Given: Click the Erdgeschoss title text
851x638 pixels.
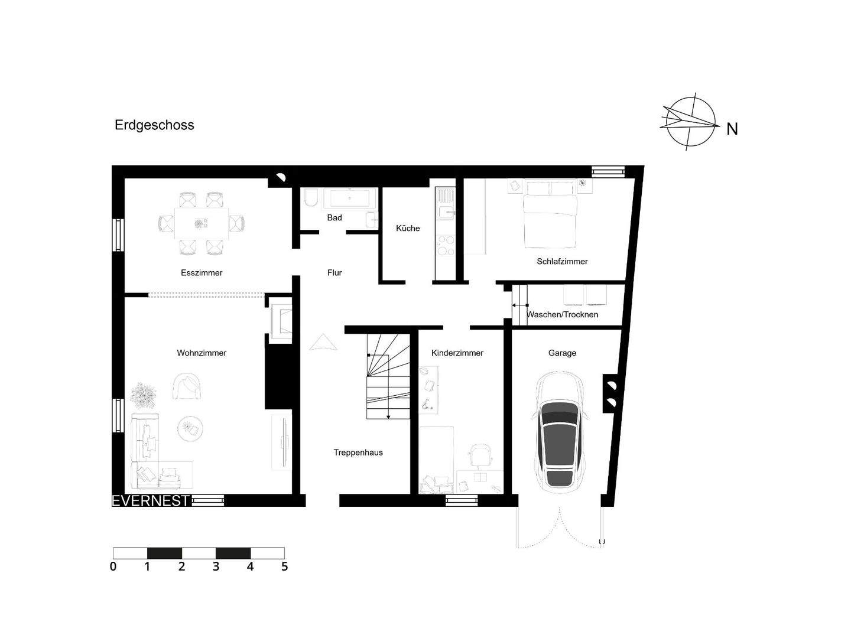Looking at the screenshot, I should (x=154, y=125).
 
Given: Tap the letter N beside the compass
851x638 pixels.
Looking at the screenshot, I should (x=732, y=129).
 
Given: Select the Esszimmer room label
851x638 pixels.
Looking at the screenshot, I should (x=202, y=273).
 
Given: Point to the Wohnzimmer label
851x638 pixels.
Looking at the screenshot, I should (x=202, y=353).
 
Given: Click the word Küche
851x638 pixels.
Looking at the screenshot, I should (x=408, y=229).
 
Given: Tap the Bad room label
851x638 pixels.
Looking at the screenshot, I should (x=334, y=218).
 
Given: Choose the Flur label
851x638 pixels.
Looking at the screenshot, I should (x=334, y=273).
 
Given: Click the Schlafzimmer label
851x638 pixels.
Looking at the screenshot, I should (x=562, y=262).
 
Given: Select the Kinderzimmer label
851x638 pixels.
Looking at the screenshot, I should (x=457, y=353).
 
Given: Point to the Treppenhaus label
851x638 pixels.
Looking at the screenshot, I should (x=358, y=453).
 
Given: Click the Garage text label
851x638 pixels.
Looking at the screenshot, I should (x=562, y=353).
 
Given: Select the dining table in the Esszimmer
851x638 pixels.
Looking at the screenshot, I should (x=202, y=223).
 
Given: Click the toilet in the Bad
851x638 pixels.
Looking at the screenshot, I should (x=311, y=198).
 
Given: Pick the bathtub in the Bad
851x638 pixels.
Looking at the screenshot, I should (x=350, y=198).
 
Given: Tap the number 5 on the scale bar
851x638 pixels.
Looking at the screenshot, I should (x=284, y=567).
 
